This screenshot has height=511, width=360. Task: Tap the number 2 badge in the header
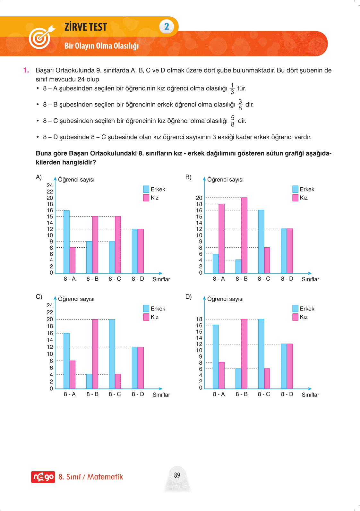pos(167,27)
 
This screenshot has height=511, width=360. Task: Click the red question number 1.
pos(26,70)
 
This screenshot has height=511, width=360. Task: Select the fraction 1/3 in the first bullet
pos(232,89)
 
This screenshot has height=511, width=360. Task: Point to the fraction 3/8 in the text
pos(240,105)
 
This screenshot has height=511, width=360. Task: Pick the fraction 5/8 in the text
pos(233,121)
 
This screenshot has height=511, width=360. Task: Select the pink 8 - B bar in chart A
pos(95,244)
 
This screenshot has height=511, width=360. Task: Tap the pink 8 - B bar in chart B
pos(244,235)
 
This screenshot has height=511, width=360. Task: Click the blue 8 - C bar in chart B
pos(261,241)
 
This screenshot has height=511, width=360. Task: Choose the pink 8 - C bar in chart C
pos(118,381)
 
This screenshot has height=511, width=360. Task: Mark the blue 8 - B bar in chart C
pos(89,381)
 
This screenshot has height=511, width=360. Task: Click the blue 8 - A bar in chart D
pos(216,356)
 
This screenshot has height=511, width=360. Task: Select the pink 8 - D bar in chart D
pos(290,366)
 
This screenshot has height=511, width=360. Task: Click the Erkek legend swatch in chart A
pos(146,189)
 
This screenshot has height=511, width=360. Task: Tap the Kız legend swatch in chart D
pos(296,317)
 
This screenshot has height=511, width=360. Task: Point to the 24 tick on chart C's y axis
pos(50,305)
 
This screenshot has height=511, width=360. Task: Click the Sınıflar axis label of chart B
pos(310,279)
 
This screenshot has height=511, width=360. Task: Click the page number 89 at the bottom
pos(177,475)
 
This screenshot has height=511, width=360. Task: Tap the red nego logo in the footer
pos(43,477)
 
